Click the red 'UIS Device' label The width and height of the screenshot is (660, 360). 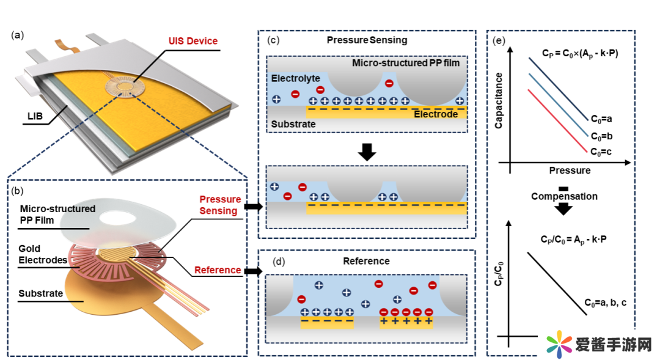click(193, 41)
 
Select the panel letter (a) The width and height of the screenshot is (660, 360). click(18, 35)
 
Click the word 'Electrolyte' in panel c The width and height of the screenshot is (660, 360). click(295, 79)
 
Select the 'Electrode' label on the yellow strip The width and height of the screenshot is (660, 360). click(436, 114)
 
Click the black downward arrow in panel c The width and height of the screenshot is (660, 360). click(367, 151)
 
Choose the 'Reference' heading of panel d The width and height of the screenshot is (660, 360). click(367, 261)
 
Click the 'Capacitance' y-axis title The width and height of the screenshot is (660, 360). click(499, 100)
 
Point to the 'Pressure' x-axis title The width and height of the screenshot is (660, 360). click(570, 170)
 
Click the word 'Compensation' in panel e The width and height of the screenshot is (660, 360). click(564, 196)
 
